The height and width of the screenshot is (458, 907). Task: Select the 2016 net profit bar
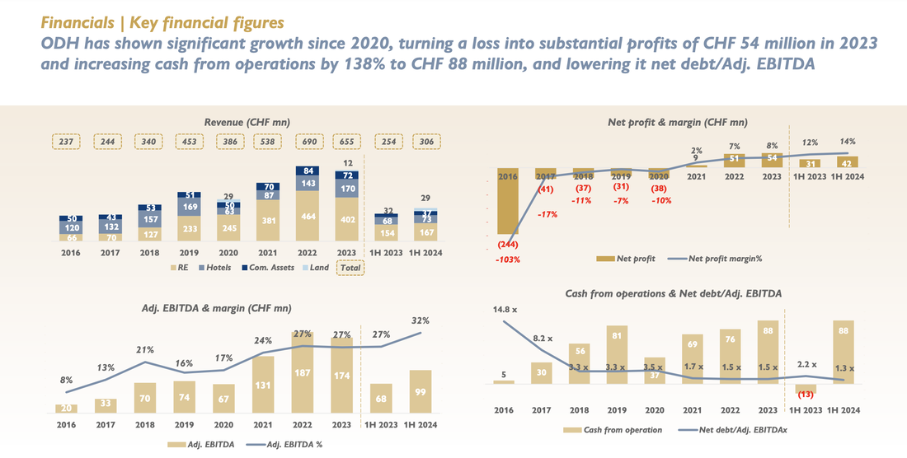point(509,206)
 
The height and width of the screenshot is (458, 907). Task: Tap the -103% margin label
point(509,259)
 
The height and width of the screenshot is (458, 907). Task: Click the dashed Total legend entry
point(350,267)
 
